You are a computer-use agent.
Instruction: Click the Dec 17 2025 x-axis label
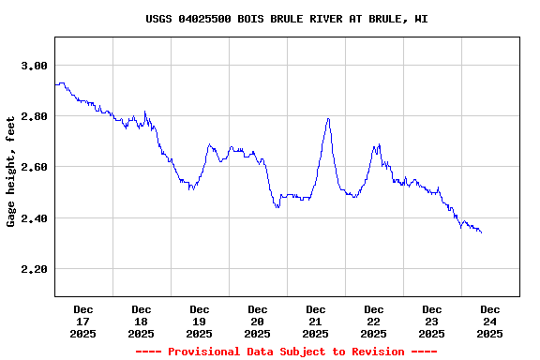(83, 322)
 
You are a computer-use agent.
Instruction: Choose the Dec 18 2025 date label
(142, 322)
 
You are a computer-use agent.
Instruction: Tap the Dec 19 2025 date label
(200, 322)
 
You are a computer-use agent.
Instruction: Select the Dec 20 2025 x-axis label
(258, 322)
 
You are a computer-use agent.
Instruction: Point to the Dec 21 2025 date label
(316, 322)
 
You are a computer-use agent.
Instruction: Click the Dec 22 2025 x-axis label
(374, 322)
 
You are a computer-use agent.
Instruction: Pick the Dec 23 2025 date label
(432, 322)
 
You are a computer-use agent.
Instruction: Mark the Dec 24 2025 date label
(490, 322)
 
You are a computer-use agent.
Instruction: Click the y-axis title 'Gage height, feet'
(11, 171)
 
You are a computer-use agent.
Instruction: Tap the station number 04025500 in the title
(206, 19)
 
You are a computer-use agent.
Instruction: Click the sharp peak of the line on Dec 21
(328, 118)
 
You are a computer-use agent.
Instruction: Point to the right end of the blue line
(481, 232)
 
